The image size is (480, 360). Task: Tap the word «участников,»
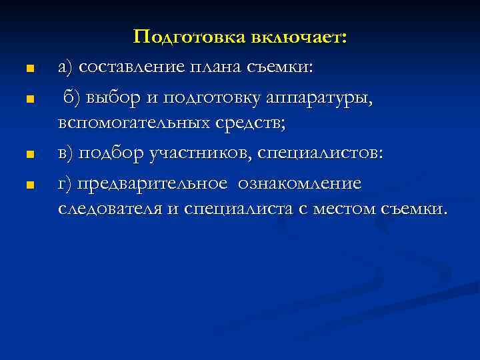point(195,153)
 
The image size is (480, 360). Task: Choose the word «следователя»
point(110,209)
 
